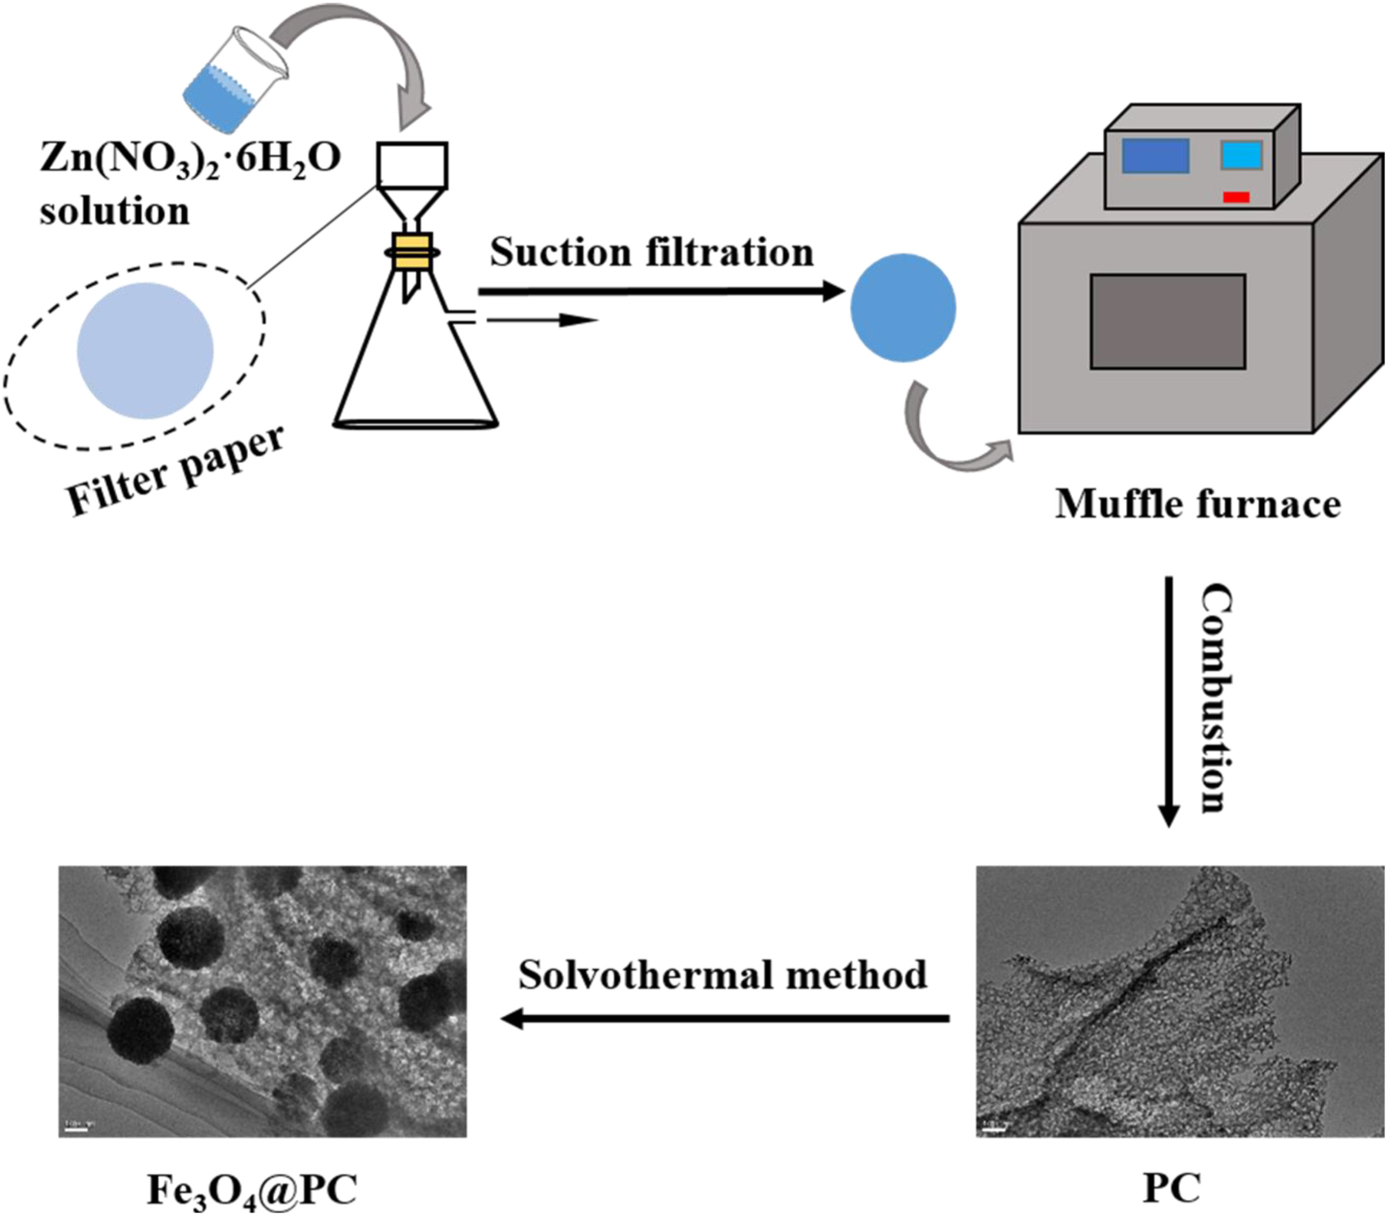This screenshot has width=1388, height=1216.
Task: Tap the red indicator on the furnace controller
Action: pos(1236,197)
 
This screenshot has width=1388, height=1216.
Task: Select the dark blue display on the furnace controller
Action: pos(1155,156)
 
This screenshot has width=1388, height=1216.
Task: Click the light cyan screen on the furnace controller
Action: pos(1242,155)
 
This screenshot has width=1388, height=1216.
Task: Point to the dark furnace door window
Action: pos(1167,322)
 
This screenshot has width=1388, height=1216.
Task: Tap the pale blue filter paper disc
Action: pos(145,351)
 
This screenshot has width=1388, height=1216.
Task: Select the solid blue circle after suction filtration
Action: pos(903,308)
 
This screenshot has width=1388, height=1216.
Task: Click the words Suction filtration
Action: pos(651,252)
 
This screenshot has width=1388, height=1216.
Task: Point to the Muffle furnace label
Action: pos(1198,505)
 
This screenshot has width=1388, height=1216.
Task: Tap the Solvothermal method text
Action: pos(723,975)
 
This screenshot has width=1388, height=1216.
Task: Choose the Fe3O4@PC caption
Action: pos(252,1188)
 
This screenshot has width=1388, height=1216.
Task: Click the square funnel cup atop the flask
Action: pos(412,165)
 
